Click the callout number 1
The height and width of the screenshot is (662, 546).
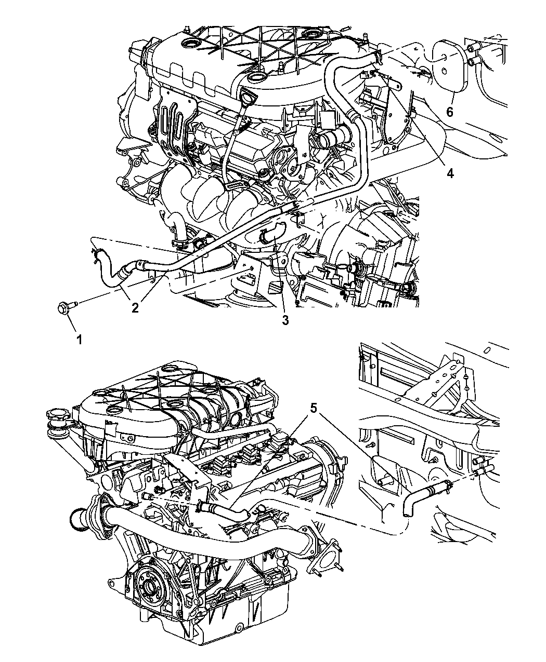click(79, 340)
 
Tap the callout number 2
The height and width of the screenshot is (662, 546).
click(135, 307)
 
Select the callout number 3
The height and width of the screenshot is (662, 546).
click(285, 320)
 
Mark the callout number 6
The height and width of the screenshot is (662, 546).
click(450, 112)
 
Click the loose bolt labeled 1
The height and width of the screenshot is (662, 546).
click(67, 308)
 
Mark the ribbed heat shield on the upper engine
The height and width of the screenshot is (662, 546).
click(173, 125)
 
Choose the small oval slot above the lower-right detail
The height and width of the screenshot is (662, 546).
click(487, 350)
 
